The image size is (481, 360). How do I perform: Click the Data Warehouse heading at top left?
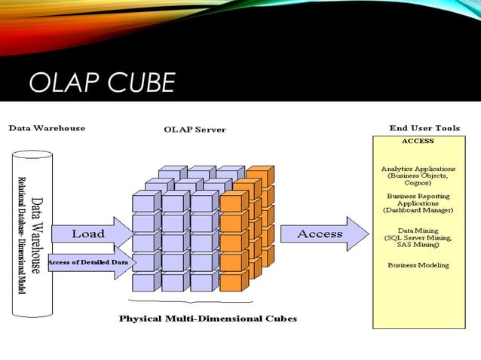(x=47, y=128)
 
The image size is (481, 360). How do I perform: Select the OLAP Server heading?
(x=195, y=130)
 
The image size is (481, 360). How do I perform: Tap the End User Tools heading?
(x=424, y=128)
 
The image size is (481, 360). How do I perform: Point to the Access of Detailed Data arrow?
(x=89, y=261)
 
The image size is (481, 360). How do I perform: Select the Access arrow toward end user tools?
(x=320, y=234)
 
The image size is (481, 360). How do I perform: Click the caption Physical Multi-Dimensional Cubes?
(x=208, y=319)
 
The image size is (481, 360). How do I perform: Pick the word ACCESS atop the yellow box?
(x=418, y=141)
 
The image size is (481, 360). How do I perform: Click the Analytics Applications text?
(x=418, y=169)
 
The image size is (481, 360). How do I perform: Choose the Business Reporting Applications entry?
(x=418, y=200)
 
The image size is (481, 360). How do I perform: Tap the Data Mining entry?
(x=418, y=230)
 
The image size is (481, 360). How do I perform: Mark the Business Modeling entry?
(x=418, y=265)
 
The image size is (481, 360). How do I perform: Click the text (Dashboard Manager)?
(x=418, y=211)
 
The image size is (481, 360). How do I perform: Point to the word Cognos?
(x=418, y=183)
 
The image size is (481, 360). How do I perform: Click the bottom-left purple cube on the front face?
(x=143, y=282)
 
